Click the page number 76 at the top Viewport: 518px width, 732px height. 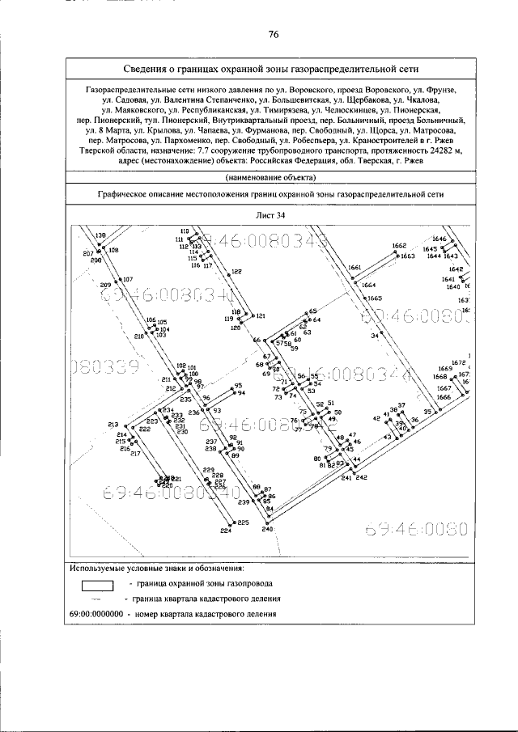point(273,34)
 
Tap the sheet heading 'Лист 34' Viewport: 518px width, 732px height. point(272,215)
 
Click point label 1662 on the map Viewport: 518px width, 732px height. point(398,246)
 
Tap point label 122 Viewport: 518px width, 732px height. point(237,272)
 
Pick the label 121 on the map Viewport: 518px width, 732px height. point(260,316)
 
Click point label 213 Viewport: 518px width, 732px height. point(113,425)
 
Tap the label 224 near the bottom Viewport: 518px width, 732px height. point(226,531)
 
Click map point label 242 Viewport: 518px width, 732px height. point(361,478)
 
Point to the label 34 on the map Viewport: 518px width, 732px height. point(375,335)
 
